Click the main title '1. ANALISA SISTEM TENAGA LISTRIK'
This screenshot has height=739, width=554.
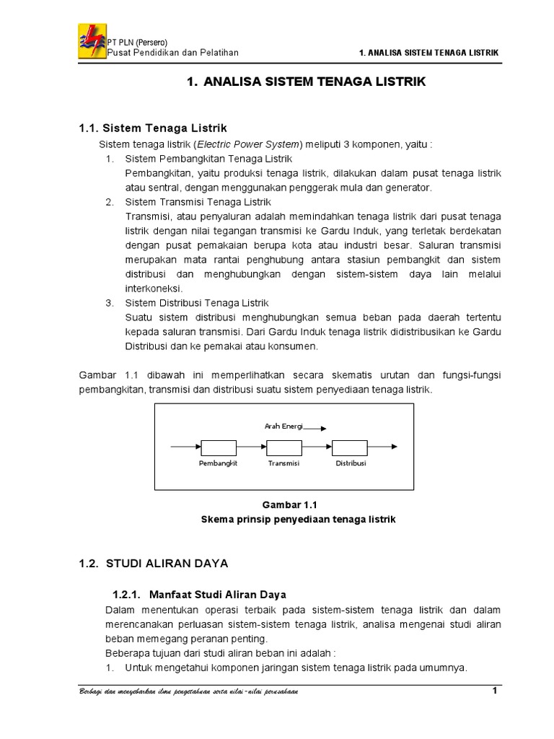point(306,82)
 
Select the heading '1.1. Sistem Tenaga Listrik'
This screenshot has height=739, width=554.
point(153,128)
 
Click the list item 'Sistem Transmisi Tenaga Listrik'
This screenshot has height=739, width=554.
point(198,202)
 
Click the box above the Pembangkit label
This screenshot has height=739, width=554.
point(219,447)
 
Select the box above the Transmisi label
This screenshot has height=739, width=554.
point(283,447)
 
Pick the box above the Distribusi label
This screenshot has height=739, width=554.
point(350,447)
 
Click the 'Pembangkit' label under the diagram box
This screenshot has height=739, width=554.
point(218,463)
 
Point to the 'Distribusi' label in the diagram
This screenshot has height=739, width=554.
point(351,463)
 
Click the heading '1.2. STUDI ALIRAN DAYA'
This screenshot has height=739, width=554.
point(153,562)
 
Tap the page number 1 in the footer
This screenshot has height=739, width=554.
point(495,691)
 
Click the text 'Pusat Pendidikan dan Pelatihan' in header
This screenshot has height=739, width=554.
point(172,52)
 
